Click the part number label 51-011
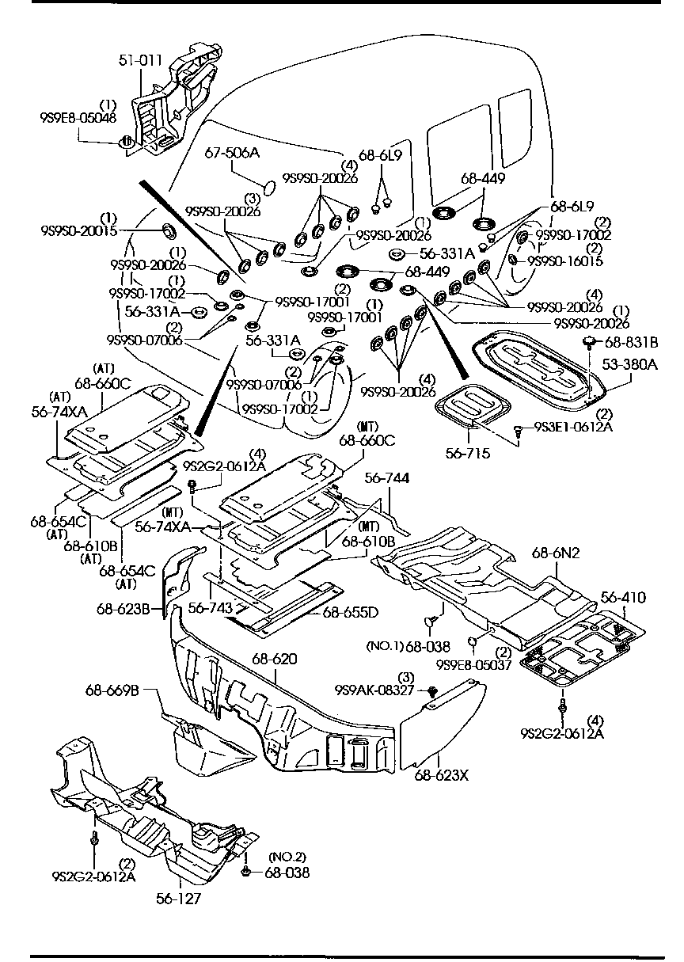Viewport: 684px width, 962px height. pos(140,59)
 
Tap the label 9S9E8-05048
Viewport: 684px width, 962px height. pos(78,118)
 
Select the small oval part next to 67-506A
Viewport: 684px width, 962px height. pos(269,186)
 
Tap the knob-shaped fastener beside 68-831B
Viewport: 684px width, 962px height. pos(589,341)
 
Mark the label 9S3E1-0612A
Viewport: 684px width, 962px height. pos(572,428)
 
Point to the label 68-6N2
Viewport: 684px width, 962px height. pos(557,553)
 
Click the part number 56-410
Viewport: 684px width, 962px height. pos(622,597)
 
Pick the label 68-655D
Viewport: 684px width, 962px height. pos(349,612)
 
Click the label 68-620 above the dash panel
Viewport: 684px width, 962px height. pos(275,658)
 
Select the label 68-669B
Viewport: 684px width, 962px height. pos(112,690)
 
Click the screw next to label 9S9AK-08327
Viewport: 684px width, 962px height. pos(433,691)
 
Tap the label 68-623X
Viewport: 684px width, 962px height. pos(440,774)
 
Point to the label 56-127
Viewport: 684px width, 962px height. pos(178,899)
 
